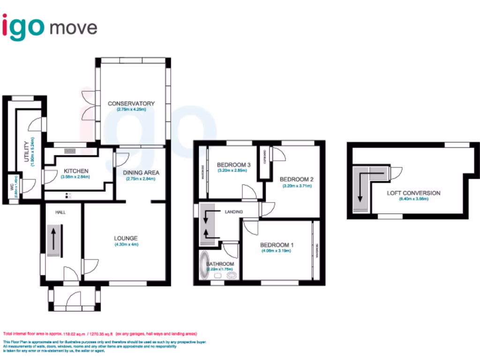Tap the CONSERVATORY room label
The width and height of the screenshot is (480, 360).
(x=131, y=104)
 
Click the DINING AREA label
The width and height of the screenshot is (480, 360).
(x=141, y=172)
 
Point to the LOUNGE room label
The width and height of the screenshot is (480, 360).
(x=126, y=238)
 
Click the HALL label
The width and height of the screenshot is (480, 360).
(x=60, y=212)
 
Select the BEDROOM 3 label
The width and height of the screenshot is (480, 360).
(x=234, y=165)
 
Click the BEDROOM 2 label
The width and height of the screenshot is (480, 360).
(x=296, y=179)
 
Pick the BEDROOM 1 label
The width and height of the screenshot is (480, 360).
(x=277, y=244)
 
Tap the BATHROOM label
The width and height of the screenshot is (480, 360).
(x=220, y=264)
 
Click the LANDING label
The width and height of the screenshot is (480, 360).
(x=233, y=212)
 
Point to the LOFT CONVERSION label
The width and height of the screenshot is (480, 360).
(x=413, y=193)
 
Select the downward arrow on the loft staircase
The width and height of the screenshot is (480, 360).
(x=360, y=187)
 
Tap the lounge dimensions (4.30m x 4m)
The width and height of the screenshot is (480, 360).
(x=126, y=245)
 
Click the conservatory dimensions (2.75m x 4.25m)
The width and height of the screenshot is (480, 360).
(x=131, y=110)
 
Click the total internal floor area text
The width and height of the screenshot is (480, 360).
(x=100, y=334)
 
